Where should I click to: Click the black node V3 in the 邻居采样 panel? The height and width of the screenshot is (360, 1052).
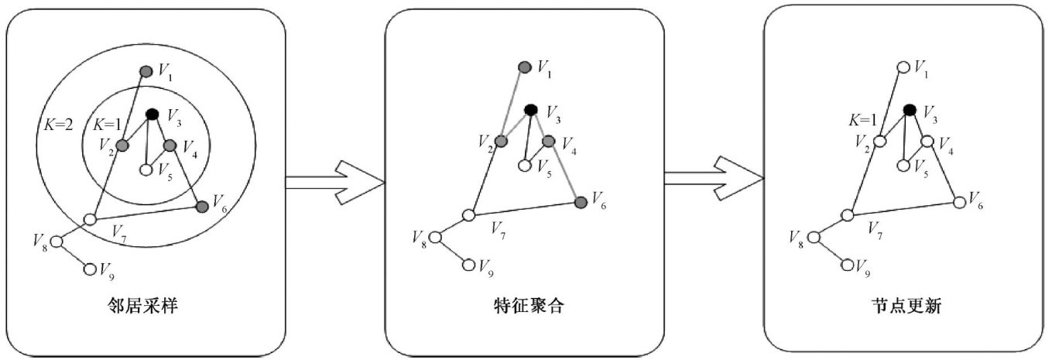152,115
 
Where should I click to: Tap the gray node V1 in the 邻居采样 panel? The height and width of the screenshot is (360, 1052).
146,71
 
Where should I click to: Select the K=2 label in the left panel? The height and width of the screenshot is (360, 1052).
56,125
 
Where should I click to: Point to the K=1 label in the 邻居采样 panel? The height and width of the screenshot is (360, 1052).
107,125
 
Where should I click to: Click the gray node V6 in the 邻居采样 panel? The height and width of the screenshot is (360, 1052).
202,206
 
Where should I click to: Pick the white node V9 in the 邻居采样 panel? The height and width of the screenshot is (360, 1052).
90,269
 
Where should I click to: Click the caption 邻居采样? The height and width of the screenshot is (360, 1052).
146,306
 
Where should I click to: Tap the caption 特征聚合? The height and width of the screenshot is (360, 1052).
524,306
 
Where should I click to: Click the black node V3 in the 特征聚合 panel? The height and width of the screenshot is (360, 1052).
531,110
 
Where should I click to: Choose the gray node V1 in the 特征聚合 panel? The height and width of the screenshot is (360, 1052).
524,67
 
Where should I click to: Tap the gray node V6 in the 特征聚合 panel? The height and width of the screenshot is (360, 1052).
581,202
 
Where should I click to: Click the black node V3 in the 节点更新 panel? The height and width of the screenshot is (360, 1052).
910,111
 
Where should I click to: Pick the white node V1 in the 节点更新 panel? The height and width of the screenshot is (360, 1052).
903,67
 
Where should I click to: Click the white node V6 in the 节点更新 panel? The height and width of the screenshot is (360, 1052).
959,202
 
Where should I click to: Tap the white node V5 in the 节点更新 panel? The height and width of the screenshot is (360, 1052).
903,165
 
